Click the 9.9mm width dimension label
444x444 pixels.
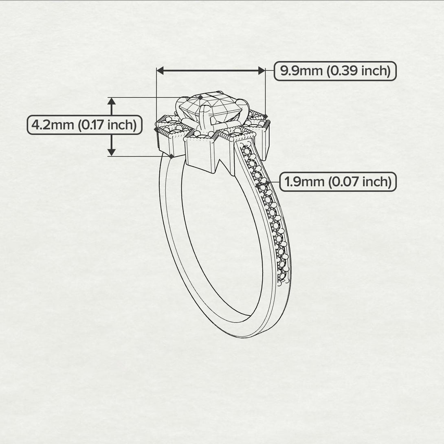coord(334,71)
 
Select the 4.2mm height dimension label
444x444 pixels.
coord(84,125)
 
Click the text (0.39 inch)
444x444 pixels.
coord(360,71)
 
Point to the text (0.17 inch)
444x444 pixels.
coord(107,125)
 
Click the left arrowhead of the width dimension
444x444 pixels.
coord(160,71)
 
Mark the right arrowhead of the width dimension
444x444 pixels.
coord(262,71)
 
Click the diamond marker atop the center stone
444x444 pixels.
coord(200,97)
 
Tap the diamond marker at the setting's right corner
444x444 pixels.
coord(266,116)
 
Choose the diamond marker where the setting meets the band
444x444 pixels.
coord(171,156)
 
